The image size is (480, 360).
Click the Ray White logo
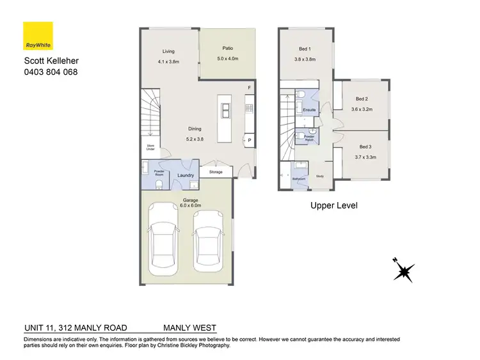coord(38,36)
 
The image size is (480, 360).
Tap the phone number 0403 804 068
coord(51,72)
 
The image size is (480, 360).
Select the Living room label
coord(168,51)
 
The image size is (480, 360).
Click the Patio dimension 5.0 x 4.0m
coord(227,58)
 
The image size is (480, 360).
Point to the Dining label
coord(186,128)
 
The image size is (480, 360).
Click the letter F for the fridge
coord(250,88)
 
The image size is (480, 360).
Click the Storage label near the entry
coord(216,171)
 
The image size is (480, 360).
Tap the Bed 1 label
coord(305,49)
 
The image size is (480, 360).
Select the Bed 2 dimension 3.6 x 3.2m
coord(362,109)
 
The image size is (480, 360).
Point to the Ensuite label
coord(309,110)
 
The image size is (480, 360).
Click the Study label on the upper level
coord(320,176)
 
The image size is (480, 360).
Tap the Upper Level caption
coord(333,205)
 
